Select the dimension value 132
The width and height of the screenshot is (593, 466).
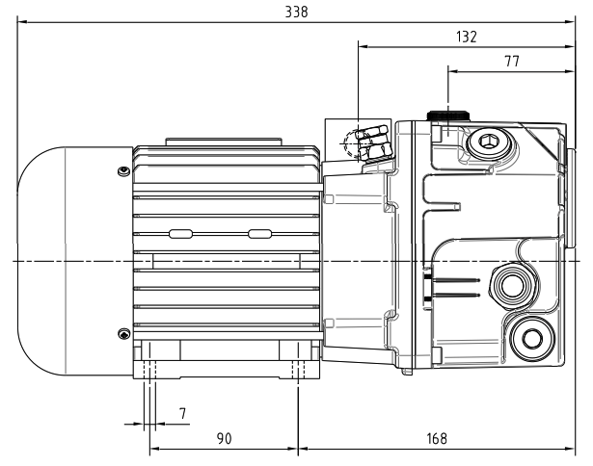(x=467, y=36)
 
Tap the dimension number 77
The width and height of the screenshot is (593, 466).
(x=512, y=60)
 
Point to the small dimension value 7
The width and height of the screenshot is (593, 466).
(x=182, y=414)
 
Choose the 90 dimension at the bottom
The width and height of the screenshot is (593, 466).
(x=224, y=439)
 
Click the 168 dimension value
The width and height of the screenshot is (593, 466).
(x=437, y=439)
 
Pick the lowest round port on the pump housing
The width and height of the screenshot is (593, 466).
(x=527, y=336)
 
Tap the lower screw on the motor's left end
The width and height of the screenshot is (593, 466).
(x=122, y=333)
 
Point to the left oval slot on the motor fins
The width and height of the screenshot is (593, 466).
(x=180, y=233)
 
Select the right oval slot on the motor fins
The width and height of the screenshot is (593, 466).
(x=259, y=233)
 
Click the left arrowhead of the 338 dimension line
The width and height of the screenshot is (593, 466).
(x=21, y=19)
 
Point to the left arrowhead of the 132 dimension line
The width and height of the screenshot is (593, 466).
(x=361, y=44)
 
